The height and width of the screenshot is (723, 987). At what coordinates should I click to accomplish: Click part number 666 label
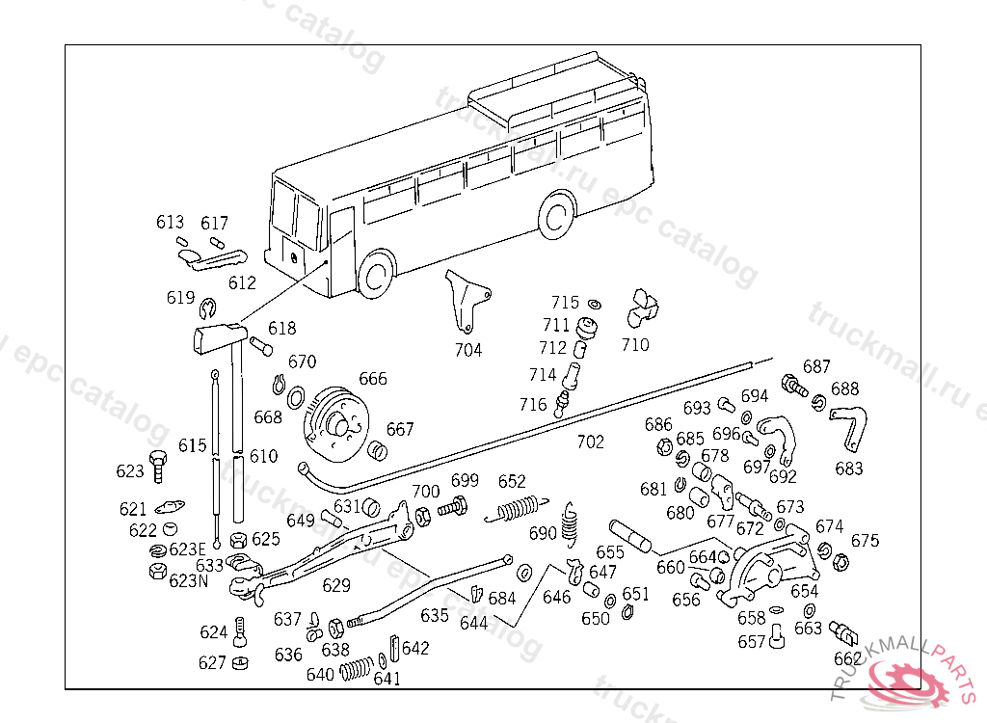coord(373,379)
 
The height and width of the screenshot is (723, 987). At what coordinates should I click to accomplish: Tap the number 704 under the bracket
coord(468,350)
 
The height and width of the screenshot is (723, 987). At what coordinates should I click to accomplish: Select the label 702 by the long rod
coord(590,442)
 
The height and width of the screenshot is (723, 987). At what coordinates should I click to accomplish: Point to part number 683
coord(849,469)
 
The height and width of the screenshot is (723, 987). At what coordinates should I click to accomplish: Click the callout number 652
coord(512,482)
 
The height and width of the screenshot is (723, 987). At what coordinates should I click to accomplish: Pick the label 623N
coord(188,580)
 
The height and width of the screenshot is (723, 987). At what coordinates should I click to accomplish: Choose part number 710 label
coord(635,344)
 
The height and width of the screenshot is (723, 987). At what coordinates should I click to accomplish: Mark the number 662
coord(848,658)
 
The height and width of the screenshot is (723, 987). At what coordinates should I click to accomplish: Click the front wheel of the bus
coord(376,276)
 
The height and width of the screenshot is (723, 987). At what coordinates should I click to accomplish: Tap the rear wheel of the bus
coord(556,217)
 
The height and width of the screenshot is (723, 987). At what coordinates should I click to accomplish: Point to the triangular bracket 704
coord(466,299)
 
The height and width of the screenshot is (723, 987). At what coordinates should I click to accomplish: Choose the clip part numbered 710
coord(642,308)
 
